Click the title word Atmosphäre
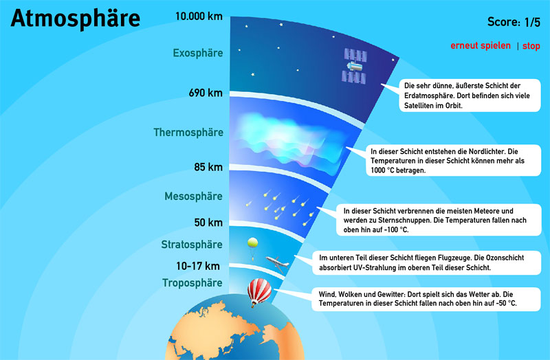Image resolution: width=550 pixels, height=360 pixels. pos(76,19)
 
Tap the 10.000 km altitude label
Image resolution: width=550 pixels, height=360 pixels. pos(199,16)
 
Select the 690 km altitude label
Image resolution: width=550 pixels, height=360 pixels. pos(206,93)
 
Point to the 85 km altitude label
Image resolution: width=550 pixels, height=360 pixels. pos(208,167)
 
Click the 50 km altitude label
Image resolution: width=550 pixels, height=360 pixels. pos(208,222)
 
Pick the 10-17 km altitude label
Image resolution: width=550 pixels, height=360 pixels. pos(198,266)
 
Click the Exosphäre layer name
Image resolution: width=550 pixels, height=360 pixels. pos(198,53)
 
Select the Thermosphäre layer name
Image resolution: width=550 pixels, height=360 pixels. pos(188,133)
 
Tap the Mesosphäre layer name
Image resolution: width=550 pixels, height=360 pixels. pos(193,196)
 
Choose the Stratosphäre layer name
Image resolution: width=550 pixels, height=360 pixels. pos(192,245)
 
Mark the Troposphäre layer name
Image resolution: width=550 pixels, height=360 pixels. pos(192,283)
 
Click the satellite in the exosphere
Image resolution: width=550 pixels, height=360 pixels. pos(355,66)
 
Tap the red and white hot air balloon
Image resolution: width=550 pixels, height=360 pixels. pos(259,292)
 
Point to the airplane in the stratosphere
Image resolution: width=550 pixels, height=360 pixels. pos(278,264)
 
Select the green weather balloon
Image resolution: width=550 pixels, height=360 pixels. pos(252,248)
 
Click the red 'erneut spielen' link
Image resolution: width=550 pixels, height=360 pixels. pos(481,45)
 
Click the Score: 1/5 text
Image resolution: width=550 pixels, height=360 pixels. pos(514,22)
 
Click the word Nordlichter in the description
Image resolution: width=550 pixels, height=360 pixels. pos(487,152)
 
